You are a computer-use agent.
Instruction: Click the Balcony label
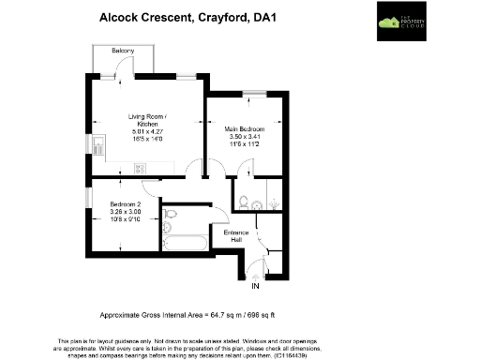pyautogui.click(x=122, y=50)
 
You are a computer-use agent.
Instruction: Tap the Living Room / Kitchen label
pyautogui.click(x=147, y=119)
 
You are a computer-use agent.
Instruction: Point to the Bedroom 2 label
pyautogui.click(x=125, y=203)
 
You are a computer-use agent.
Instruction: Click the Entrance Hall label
pyautogui.click(x=233, y=236)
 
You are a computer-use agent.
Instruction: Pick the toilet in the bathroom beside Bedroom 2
pyautogui.click(x=170, y=215)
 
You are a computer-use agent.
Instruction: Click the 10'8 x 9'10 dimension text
pyautogui.click(x=125, y=218)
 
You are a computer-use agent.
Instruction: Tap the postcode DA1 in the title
pyautogui.click(x=277, y=16)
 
